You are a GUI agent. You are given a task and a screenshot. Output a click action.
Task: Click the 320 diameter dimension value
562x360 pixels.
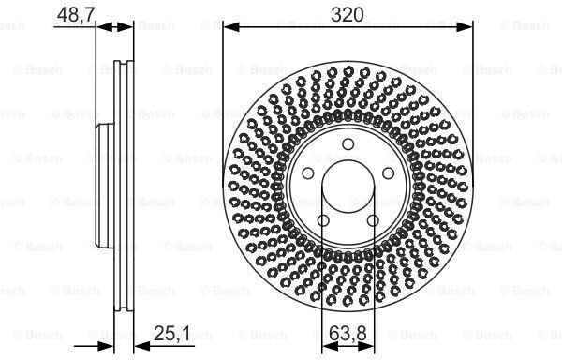[347, 15]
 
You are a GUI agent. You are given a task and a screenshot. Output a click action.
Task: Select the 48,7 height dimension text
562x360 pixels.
[76, 15]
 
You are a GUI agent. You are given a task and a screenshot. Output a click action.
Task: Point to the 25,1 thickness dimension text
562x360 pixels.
[172, 334]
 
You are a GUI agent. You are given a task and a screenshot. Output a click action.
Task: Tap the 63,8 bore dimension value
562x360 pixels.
[348, 334]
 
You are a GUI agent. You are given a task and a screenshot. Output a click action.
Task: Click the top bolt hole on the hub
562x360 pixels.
[348, 144]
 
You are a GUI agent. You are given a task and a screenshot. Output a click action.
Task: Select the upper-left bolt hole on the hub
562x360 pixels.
[308, 173]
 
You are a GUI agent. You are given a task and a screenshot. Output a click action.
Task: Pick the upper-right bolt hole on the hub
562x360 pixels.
[388, 173]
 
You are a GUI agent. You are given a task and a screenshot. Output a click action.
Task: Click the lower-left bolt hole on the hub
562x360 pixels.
[323, 220]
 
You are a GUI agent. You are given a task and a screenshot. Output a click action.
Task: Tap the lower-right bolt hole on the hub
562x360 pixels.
[373, 220]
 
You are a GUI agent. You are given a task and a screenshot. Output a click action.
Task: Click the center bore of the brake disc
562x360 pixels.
[348, 187]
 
